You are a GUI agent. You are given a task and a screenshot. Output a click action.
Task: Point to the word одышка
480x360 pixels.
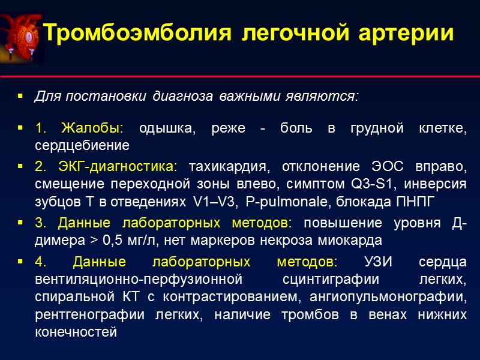pyautogui.click(x=168, y=130)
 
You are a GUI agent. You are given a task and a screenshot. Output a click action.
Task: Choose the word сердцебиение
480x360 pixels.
pyautogui.click(x=82, y=145)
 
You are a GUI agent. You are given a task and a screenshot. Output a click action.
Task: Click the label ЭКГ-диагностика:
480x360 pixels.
pyautogui.click(x=119, y=166)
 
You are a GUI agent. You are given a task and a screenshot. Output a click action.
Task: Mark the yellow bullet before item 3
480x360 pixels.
pyautogui.click(x=20, y=223)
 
